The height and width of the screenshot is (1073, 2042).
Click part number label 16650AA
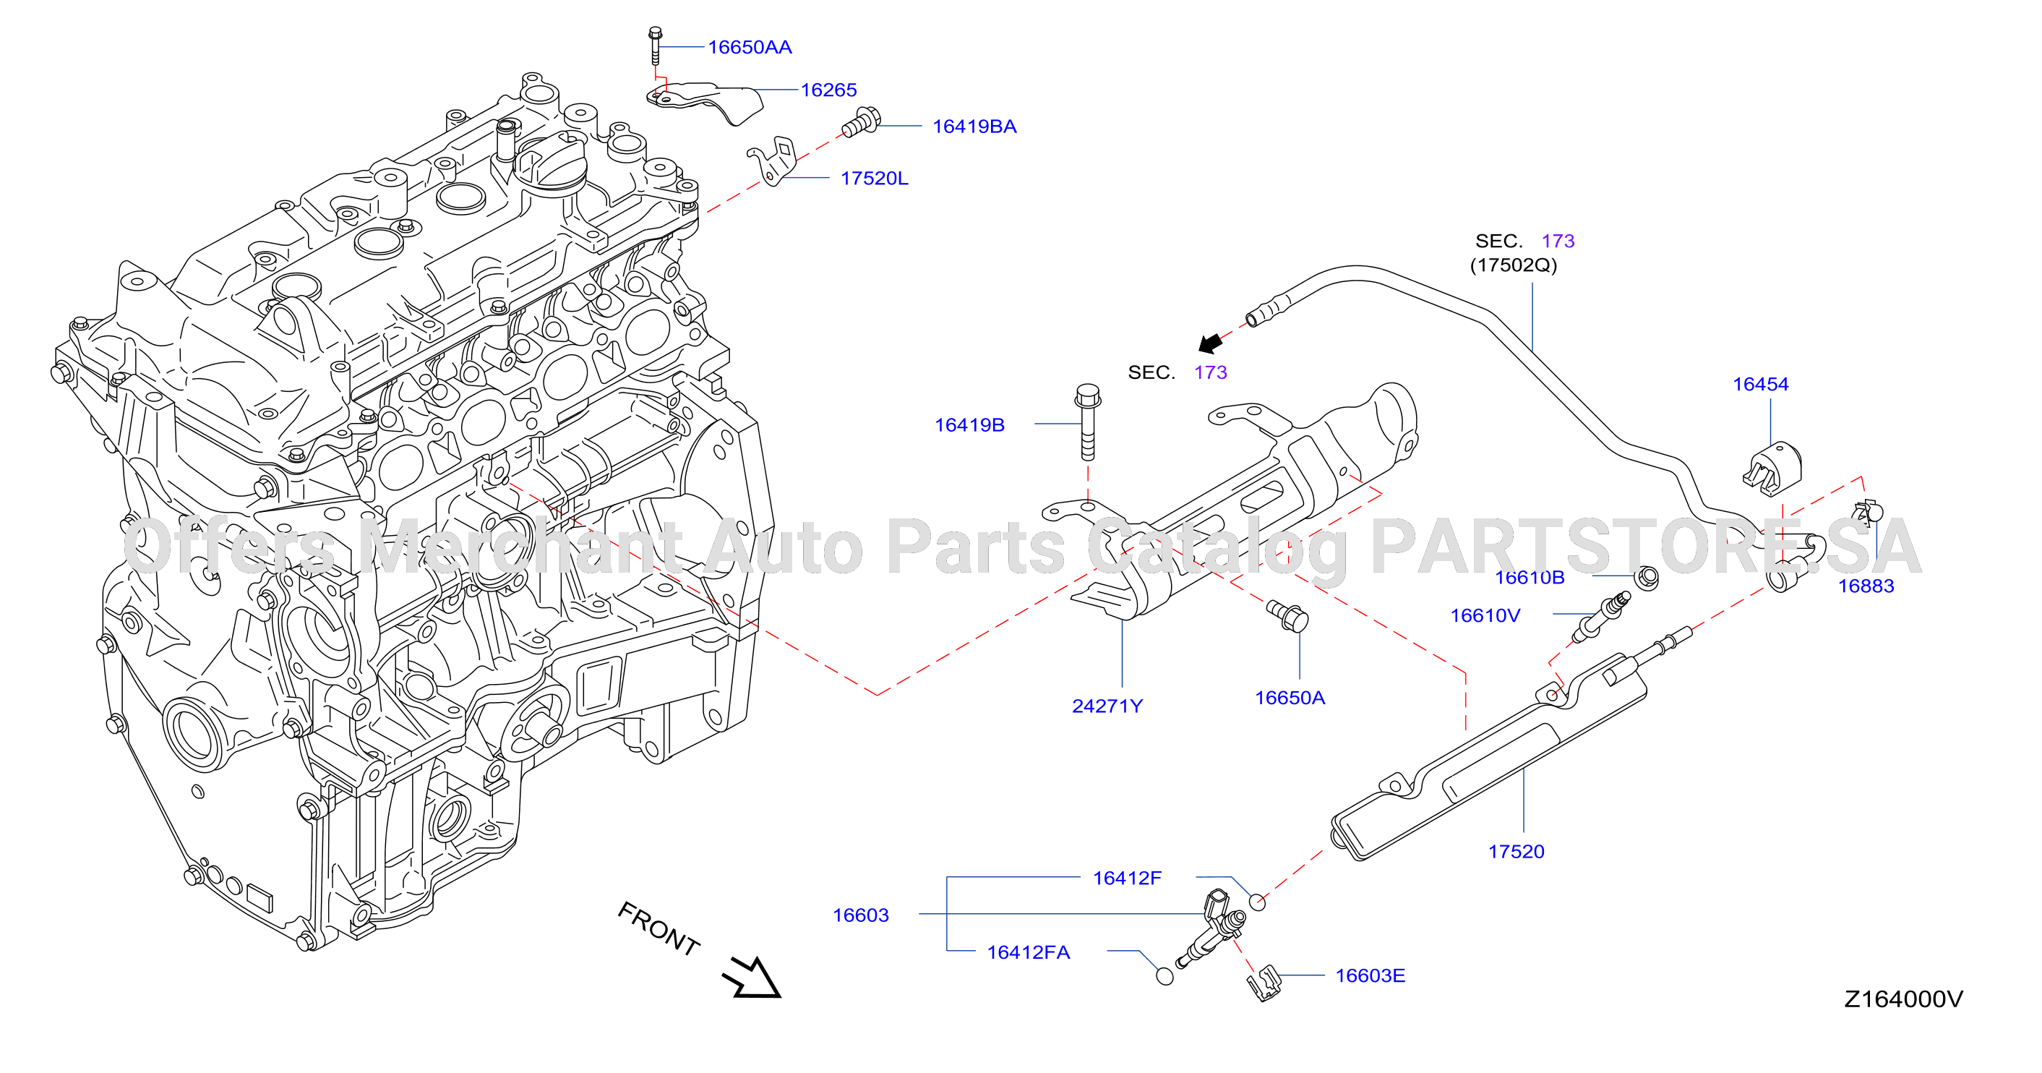(749, 48)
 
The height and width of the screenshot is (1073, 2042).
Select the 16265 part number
(828, 90)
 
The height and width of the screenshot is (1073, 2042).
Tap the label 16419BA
(974, 127)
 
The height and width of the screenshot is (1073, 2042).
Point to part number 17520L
(874, 179)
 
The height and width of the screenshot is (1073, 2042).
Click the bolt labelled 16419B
(1088, 422)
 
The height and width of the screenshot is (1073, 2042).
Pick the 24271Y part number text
(1107, 706)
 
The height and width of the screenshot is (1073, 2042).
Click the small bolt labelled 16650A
(1287, 616)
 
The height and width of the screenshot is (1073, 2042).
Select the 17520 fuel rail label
(1516, 852)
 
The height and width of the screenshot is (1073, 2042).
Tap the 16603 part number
(860, 915)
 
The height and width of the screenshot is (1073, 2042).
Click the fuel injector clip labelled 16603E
(1264, 983)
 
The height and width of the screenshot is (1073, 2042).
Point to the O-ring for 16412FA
(1164, 976)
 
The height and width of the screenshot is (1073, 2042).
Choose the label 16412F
(1126, 878)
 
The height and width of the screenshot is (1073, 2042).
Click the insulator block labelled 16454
(1772, 469)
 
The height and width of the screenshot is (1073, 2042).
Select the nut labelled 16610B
(1647, 578)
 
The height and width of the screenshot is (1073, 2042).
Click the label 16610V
(1485, 615)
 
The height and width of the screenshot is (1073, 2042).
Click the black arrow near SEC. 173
(1211, 343)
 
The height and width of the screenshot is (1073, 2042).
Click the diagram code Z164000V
(1903, 999)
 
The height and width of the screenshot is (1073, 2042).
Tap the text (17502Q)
(1514, 265)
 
